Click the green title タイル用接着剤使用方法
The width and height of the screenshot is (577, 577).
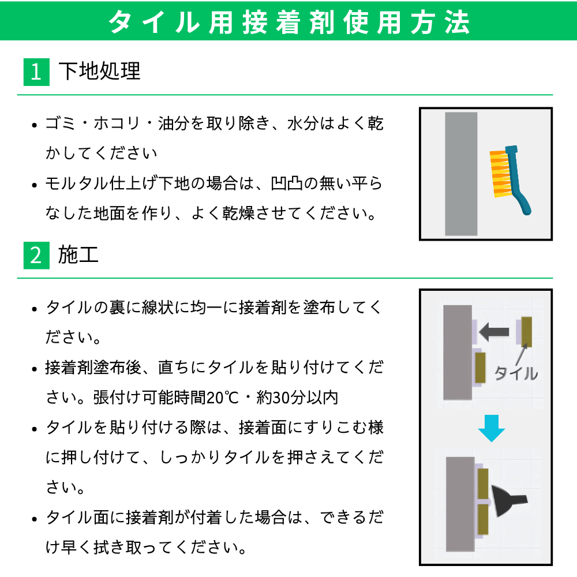289,22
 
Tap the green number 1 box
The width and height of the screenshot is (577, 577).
36,72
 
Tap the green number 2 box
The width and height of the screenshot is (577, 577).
36,256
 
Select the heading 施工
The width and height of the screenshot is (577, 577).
78,254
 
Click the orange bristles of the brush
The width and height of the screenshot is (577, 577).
500,173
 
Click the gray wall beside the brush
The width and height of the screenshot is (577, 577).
461,174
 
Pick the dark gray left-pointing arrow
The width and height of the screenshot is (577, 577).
494,332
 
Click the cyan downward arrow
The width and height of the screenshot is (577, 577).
491,428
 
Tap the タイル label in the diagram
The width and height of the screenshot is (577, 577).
516,373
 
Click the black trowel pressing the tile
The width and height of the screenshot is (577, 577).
508,501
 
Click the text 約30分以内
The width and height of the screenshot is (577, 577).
297,398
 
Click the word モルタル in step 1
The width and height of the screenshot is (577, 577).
77,183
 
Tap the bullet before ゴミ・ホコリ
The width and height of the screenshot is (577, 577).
35,125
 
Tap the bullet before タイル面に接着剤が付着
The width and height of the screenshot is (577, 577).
35,519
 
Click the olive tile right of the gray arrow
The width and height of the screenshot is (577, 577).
527,332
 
